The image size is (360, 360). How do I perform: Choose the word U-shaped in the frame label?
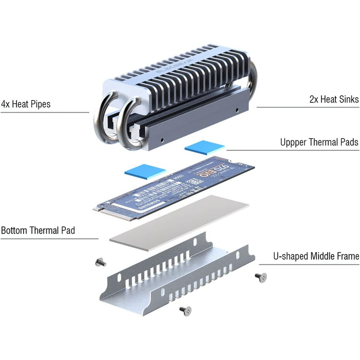click(x=292, y=256)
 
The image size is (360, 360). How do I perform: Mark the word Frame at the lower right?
click(x=346, y=256)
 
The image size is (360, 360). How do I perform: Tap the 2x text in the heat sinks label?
click(x=315, y=99)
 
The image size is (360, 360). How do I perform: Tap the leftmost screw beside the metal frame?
click(x=100, y=263)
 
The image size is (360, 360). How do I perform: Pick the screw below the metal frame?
click(x=186, y=310)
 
